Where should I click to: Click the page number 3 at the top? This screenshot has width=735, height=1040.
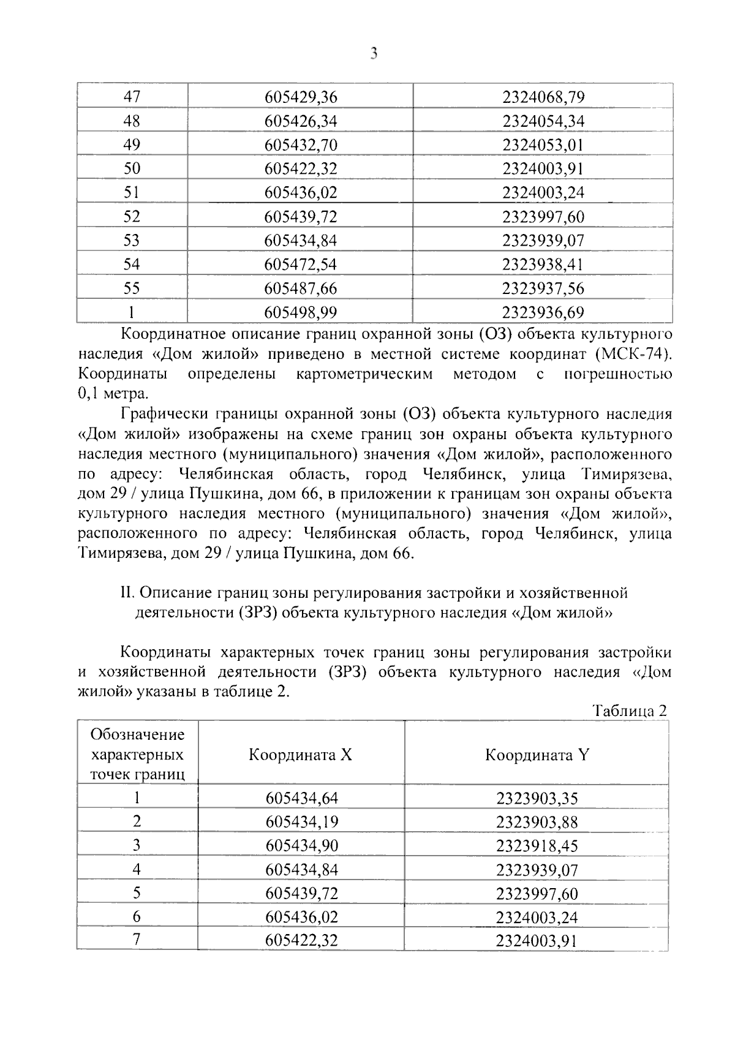[374, 55]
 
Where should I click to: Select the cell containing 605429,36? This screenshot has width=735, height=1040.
[301, 97]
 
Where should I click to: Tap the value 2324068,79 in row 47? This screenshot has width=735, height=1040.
[543, 97]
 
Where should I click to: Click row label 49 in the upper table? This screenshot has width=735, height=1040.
[132, 145]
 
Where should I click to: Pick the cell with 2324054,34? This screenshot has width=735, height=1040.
[543, 121]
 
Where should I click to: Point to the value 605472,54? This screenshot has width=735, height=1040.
[301, 265]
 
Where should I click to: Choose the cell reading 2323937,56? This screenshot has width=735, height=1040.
[543, 288]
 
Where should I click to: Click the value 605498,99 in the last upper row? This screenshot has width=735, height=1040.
[301, 312]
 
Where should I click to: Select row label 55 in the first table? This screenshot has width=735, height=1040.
[132, 288]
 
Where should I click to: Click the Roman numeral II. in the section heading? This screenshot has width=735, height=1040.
[127, 593]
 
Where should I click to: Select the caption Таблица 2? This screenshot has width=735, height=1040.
[628, 711]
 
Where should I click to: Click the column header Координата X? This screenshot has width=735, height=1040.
[301, 755]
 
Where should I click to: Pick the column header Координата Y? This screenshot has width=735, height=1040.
[537, 755]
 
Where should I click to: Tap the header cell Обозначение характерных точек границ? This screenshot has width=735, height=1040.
[137, 755]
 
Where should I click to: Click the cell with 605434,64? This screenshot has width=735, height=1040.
[301, 798]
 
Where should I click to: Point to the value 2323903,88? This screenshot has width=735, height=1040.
[537, 822]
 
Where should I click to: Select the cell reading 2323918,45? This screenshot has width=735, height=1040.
[537, 846]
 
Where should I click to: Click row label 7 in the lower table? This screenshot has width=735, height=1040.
[137, 940]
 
